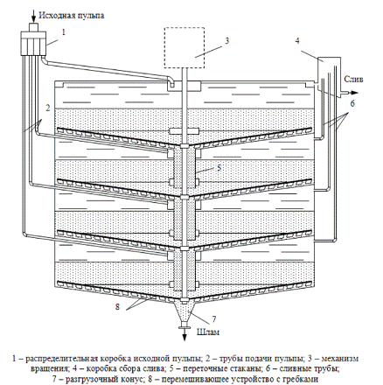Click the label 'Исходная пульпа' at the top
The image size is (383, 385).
72,15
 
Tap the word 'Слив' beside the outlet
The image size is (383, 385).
353,79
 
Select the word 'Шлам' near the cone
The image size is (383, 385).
208,332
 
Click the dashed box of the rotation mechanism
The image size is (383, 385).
185,28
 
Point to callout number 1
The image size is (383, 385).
64,31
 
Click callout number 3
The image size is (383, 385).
227,40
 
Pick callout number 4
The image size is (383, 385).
297,40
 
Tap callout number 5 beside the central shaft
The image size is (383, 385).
219,167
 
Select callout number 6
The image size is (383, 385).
352,103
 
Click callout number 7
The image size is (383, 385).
214,319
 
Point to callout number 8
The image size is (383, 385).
118,306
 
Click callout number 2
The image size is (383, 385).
48,108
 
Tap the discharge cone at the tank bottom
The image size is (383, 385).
185,313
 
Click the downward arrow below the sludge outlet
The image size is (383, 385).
185,334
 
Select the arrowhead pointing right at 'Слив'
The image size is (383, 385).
354,93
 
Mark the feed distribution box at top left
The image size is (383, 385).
34,44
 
